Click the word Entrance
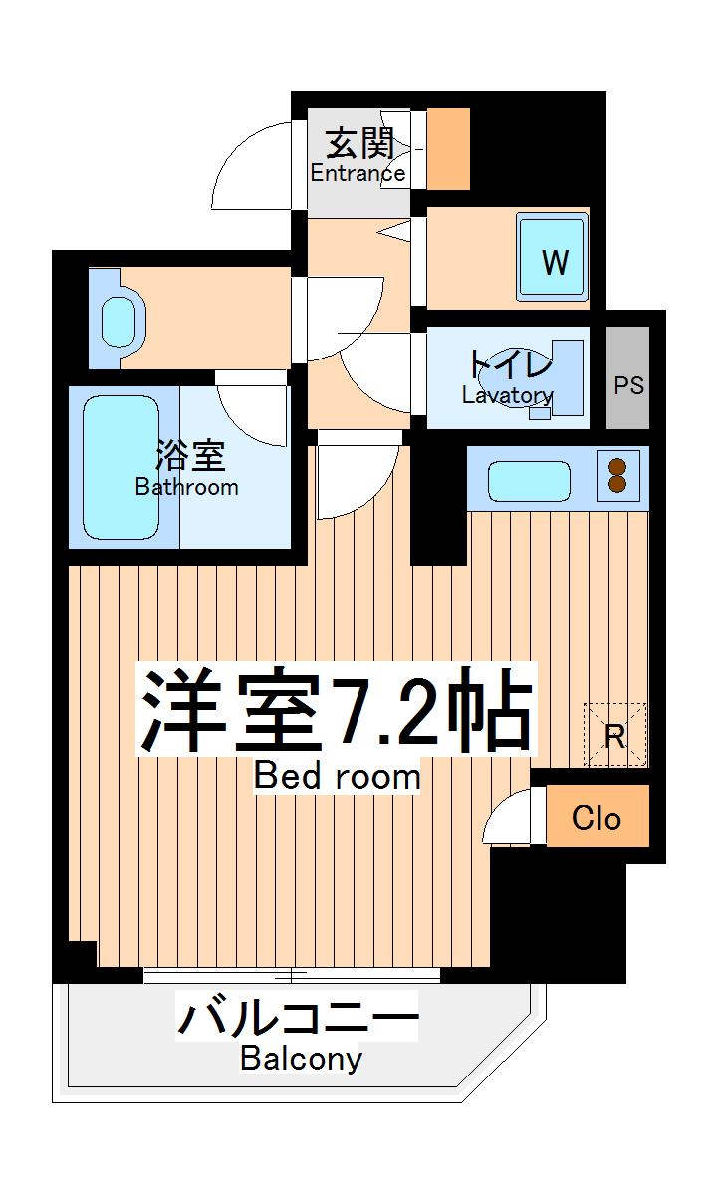[358, 173]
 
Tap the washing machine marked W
[553, 257]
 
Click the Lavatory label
[507, 395]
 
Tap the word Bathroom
[187, 487]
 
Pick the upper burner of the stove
[618, 465]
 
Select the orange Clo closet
[597, 817]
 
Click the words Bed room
[337, 775]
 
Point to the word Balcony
[301, 1058]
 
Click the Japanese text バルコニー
[297, 1018]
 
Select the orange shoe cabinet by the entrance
[447, 147]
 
